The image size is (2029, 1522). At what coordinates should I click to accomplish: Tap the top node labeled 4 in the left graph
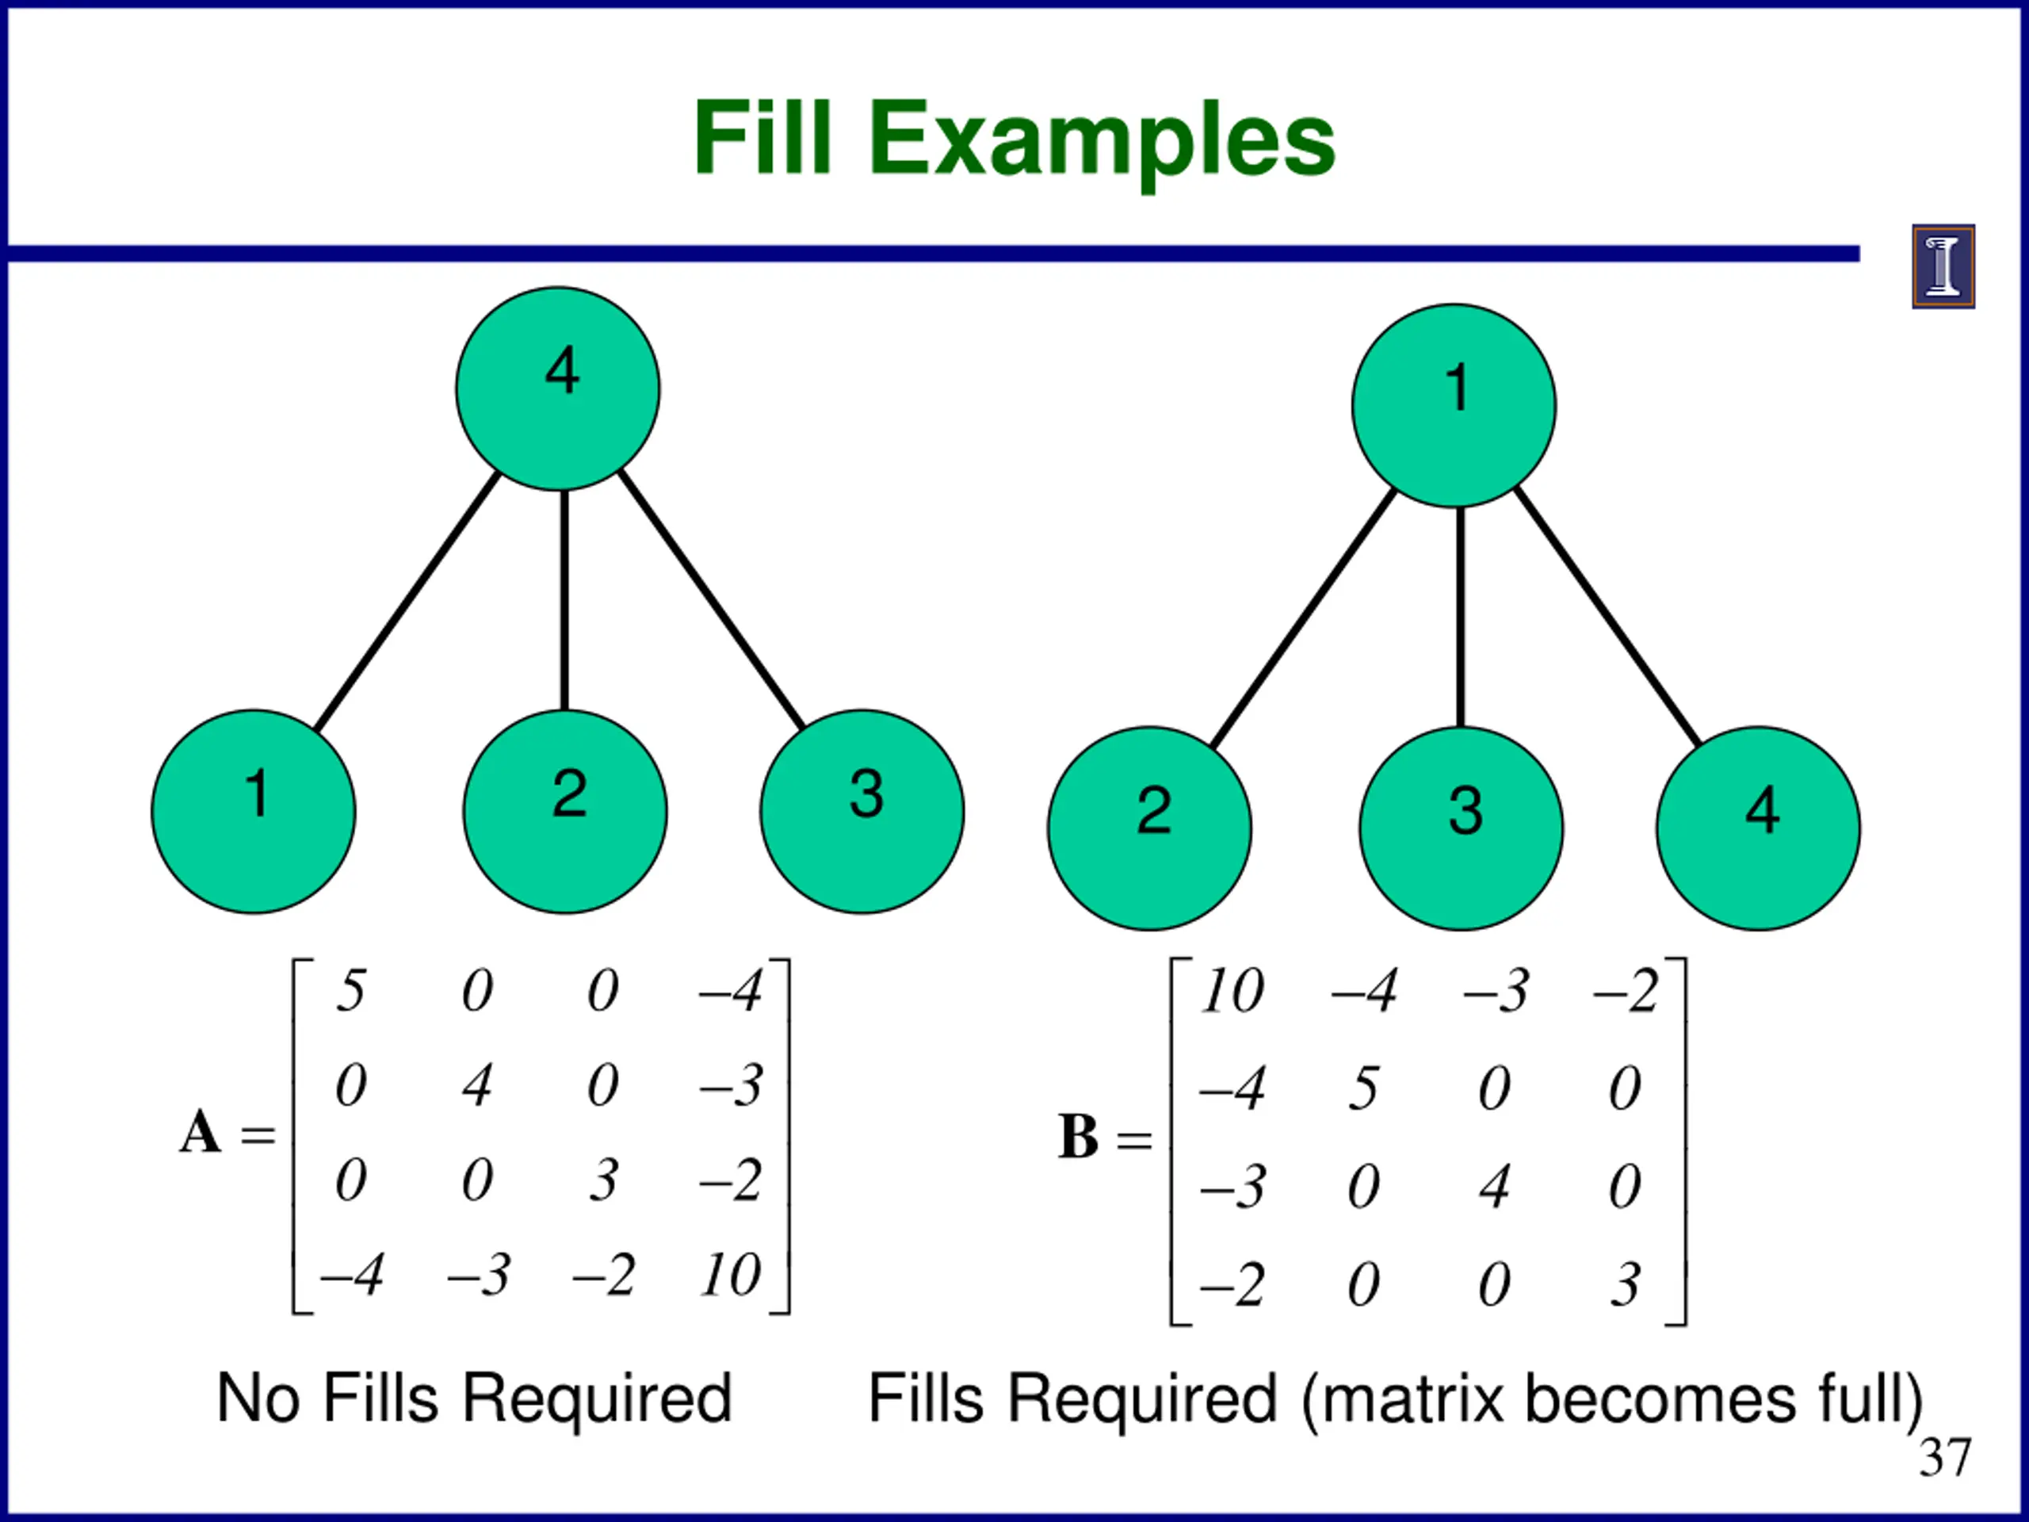coord(558,389)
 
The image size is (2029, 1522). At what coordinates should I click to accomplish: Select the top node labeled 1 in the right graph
coord(1454,406)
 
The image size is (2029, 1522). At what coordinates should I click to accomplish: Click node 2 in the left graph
coord(565,811)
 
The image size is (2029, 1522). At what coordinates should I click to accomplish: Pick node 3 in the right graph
coord(1462,828)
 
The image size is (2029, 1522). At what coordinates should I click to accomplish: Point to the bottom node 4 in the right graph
coord(1759,828)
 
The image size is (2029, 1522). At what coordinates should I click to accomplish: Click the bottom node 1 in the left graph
coord(253,811)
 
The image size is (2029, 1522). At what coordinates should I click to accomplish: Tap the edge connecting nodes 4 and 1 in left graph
coord(407,601)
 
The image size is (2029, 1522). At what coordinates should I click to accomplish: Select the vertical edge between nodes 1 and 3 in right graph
coord(1460,617)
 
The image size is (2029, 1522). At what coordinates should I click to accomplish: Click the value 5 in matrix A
coord(350,991)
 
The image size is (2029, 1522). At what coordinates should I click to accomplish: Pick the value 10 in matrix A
coord(731,1275)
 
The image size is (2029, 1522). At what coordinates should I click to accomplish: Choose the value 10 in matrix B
coord(1232,991)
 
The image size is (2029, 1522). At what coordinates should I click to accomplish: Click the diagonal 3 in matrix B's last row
coord(1626,1284)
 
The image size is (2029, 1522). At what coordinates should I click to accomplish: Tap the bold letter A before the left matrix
coord(200,1131)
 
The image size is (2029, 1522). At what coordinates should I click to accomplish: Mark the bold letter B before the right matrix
coord(1078,1137)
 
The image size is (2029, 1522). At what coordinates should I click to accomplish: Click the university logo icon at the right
coord(1943,266)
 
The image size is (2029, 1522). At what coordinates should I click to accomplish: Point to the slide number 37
coord(1945,1458)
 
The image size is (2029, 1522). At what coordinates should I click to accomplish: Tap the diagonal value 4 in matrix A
coord(477,1085)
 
